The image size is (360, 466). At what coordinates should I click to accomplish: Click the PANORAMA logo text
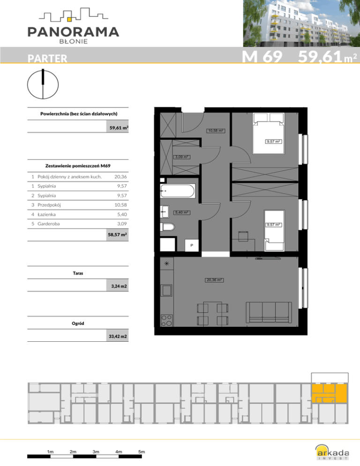point(73,32)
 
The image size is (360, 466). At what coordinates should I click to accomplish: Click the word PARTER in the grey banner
point(47,58)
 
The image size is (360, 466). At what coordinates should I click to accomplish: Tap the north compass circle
point(43,84)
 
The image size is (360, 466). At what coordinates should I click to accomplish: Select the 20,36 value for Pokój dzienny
point(120,177)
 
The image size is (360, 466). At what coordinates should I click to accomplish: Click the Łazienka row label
point(46,214)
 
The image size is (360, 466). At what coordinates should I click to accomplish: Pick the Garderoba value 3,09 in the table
point(122,224)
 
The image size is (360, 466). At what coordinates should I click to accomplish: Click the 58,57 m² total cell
point(118,234)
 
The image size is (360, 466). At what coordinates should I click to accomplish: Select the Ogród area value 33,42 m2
point(118,336)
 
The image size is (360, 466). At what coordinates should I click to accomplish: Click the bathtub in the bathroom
point(178,191)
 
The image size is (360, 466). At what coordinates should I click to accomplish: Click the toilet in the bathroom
point(167,227)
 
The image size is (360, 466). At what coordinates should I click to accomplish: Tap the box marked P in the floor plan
point(192,246)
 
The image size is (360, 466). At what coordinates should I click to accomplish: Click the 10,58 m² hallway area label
point(216,130)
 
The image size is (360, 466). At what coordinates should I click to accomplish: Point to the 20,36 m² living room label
point(214,280)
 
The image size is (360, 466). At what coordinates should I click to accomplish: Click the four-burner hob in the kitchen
point(166,320)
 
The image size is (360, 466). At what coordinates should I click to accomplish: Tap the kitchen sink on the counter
point(166,290)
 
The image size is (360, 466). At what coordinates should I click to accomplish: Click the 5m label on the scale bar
point(142,452)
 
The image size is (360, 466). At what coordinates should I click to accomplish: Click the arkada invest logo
point(332,452)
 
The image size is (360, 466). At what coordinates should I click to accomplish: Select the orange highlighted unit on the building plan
point(329,393)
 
